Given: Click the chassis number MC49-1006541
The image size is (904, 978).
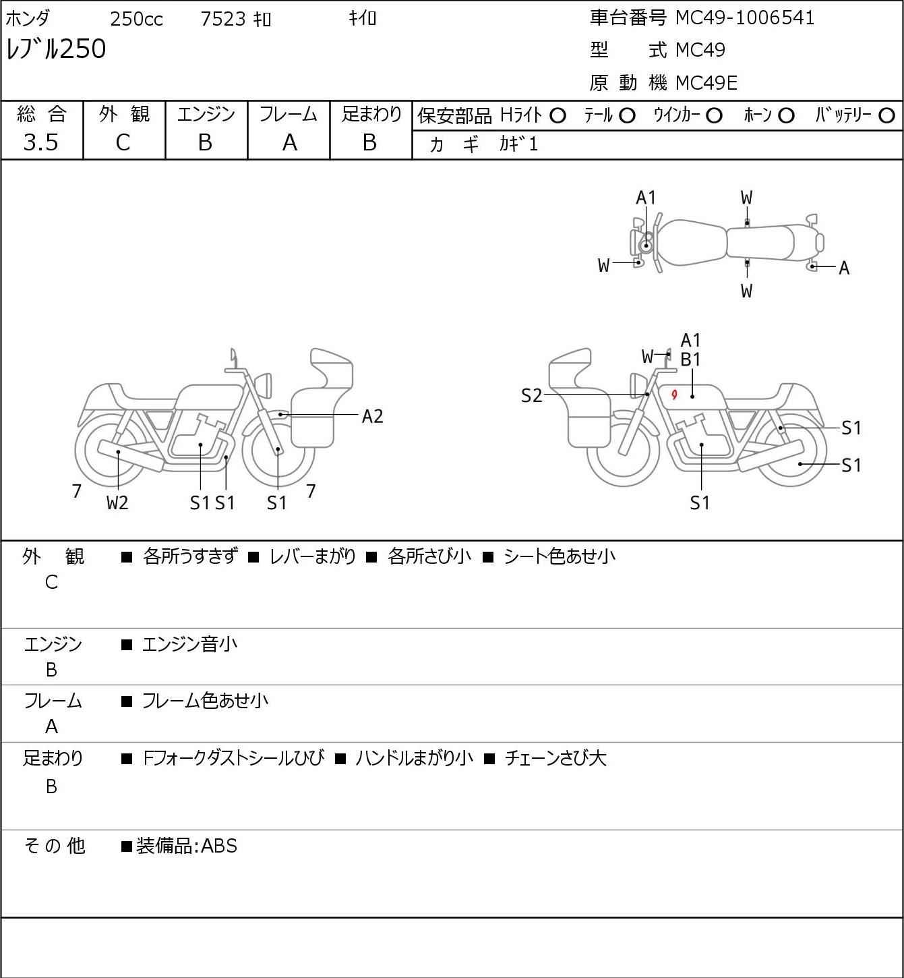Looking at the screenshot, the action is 744,18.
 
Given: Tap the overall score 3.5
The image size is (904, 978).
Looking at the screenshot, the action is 41,142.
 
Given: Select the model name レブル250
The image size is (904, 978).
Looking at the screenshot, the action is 56,49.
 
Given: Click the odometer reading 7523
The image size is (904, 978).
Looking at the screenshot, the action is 223,19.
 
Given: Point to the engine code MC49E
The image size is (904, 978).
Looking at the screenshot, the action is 706,83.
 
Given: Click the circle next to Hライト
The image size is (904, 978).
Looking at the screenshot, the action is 558,116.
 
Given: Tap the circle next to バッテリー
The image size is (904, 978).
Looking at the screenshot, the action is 886,116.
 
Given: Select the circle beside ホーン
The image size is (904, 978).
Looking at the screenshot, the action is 786,116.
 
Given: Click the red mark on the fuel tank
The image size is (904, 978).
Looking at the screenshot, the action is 674,394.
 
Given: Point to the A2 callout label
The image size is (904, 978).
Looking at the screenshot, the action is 372,417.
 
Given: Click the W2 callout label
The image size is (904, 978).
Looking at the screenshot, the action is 117,502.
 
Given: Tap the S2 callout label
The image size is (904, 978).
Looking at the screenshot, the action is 531,395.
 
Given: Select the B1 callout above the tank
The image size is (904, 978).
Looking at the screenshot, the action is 690,360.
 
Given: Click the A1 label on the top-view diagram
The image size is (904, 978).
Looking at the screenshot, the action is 646,198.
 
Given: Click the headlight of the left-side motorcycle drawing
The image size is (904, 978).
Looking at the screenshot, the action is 263,386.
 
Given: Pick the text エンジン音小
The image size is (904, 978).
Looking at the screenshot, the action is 189,644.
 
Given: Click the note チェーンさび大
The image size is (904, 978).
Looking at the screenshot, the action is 555,758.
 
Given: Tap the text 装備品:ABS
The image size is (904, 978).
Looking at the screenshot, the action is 187,846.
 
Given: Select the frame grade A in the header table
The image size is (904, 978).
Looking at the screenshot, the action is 289,143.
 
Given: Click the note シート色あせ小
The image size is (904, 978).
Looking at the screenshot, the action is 560,556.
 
